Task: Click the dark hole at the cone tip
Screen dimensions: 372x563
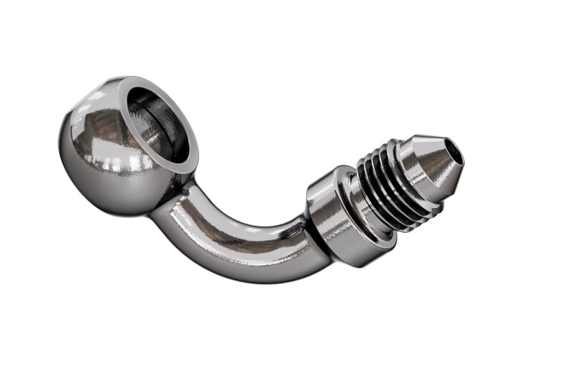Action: pos(457,151)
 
